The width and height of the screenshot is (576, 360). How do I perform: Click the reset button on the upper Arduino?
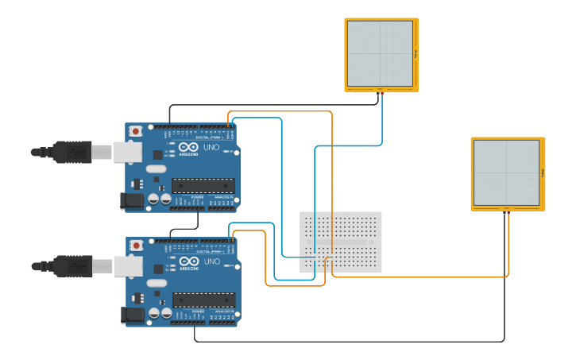tap(136, 131)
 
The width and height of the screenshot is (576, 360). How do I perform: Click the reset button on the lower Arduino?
tap(136, 246)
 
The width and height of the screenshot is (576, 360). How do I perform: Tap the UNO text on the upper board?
tap(212, 147)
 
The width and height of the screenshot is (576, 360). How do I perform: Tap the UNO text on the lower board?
tap(212, 261)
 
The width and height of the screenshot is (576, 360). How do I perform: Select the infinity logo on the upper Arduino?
tap(188, 147)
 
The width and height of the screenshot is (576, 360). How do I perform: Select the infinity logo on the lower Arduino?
tap(188, 261)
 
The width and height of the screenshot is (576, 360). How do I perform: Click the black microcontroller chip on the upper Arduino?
tap(203, 186)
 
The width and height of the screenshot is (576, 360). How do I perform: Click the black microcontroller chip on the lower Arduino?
tap(203, 300)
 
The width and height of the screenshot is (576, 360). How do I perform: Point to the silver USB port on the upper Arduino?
tap(127, 152)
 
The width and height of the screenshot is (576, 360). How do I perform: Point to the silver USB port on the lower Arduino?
tap(127, 266)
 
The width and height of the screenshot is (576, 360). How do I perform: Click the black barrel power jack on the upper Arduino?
tap(133, 201)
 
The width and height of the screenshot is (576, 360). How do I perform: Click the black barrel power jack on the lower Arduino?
tap(133, 315)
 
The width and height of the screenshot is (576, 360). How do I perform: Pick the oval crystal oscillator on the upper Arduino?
tap(156, 168)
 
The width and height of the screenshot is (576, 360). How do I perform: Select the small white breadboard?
tap(340, 242)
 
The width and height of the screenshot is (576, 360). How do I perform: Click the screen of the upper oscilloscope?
tap(380, 53)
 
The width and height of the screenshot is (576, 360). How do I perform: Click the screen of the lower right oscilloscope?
tap(506, 172)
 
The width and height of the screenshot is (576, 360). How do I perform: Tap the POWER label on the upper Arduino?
tap(186, 197)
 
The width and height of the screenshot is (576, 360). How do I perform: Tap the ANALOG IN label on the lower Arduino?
tap(222, 312)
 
